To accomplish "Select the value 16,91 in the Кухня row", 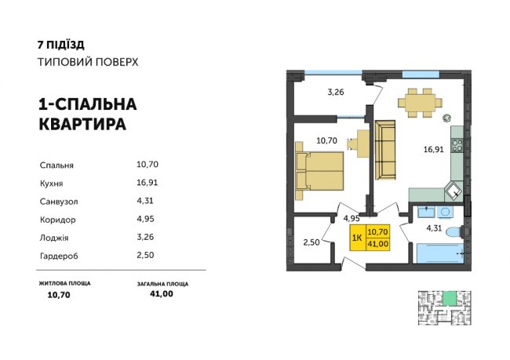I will [x=148, y=183].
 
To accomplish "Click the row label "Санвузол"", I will [x=57, y=201].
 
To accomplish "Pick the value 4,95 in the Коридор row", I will [x=145, y=219].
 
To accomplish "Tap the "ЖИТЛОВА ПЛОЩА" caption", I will [x=64, y=282].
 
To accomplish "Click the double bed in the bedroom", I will [x=322, y=171].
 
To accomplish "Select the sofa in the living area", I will [x=385, y=149].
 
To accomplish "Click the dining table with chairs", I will [x=418, y=101].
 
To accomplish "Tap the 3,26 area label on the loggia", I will [x=336, y=91].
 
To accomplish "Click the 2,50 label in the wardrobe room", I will [x=311, y=244].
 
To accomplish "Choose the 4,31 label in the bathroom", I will [x=435, y=228].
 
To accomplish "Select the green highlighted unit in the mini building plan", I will [x=448, y=296].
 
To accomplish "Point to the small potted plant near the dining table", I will [x=447, y=118].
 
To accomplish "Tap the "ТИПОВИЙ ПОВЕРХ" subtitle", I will [x=88, y=62].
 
